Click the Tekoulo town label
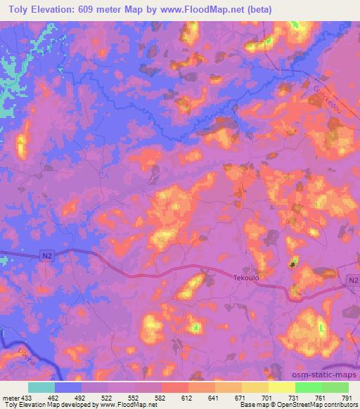(247, 278)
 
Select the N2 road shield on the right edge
(352, 280)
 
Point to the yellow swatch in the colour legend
(282, 387)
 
